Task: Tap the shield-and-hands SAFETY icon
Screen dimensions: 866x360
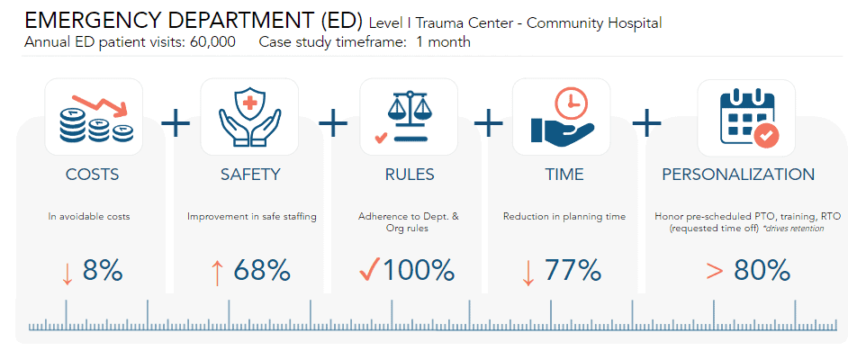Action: tap(249, 117)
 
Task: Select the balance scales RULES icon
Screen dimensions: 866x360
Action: tap(408, 117)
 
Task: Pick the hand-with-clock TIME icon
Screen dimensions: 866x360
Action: tap(562, 117)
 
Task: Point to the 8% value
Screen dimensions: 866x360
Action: tap(103, 270)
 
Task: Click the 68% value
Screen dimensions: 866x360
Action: tap(262, 270)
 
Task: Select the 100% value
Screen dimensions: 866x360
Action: tap(419, 270)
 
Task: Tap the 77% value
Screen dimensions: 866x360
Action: tap(573, 270)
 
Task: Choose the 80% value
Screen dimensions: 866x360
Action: tap(762, 270)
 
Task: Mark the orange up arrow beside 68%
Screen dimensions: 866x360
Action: tap(217, 271)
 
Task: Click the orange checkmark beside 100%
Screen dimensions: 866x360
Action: tap(368, 269)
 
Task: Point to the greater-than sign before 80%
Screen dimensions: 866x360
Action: tap(715, 271)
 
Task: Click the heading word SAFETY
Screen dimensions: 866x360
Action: tap(250, 175)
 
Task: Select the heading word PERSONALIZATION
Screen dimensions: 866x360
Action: tap(738, 175)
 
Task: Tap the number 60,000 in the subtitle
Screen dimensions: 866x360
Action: tap(212, 42)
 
